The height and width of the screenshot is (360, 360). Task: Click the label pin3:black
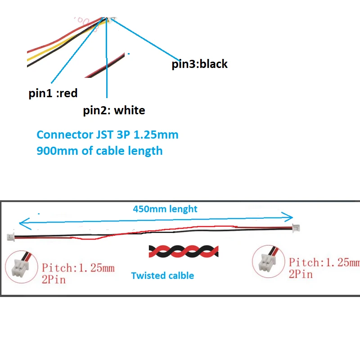tap(200, 64)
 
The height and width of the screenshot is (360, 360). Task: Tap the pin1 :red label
tap(53, 94)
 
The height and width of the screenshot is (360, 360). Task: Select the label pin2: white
tap(114, 110)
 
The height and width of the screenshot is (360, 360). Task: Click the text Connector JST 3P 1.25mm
tap(108, 135)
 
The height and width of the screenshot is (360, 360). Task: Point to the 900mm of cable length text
tap(99, 150)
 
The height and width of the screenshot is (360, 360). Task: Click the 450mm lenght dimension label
tap(165, 209)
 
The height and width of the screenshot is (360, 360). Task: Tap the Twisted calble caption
tap(162, 275)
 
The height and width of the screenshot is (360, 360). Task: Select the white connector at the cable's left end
tap(11, 237)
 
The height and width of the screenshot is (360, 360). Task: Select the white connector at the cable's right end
tap(297, 228)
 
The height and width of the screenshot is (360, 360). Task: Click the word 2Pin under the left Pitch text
tap(54, 280)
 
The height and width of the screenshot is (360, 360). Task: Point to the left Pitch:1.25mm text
tap(78, 268)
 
